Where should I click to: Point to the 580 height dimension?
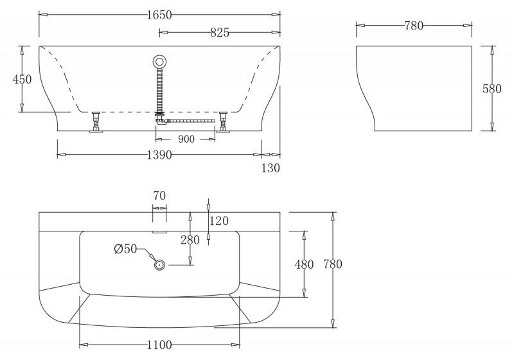tap(492, 89)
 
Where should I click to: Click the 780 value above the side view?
tap(414, 26)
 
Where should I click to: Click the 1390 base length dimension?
tap(159, 156)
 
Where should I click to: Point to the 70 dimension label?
tap(159, 194)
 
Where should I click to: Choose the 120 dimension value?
tap(219, 221)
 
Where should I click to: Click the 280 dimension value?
tap(190, 240)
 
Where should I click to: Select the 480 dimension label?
tap(304, 264)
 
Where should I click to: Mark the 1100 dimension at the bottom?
tap(159, 345)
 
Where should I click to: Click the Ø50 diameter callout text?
tap(126, 249)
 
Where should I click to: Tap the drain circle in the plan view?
tap(159, 264)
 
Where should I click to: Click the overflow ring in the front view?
tap(159, 62)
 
